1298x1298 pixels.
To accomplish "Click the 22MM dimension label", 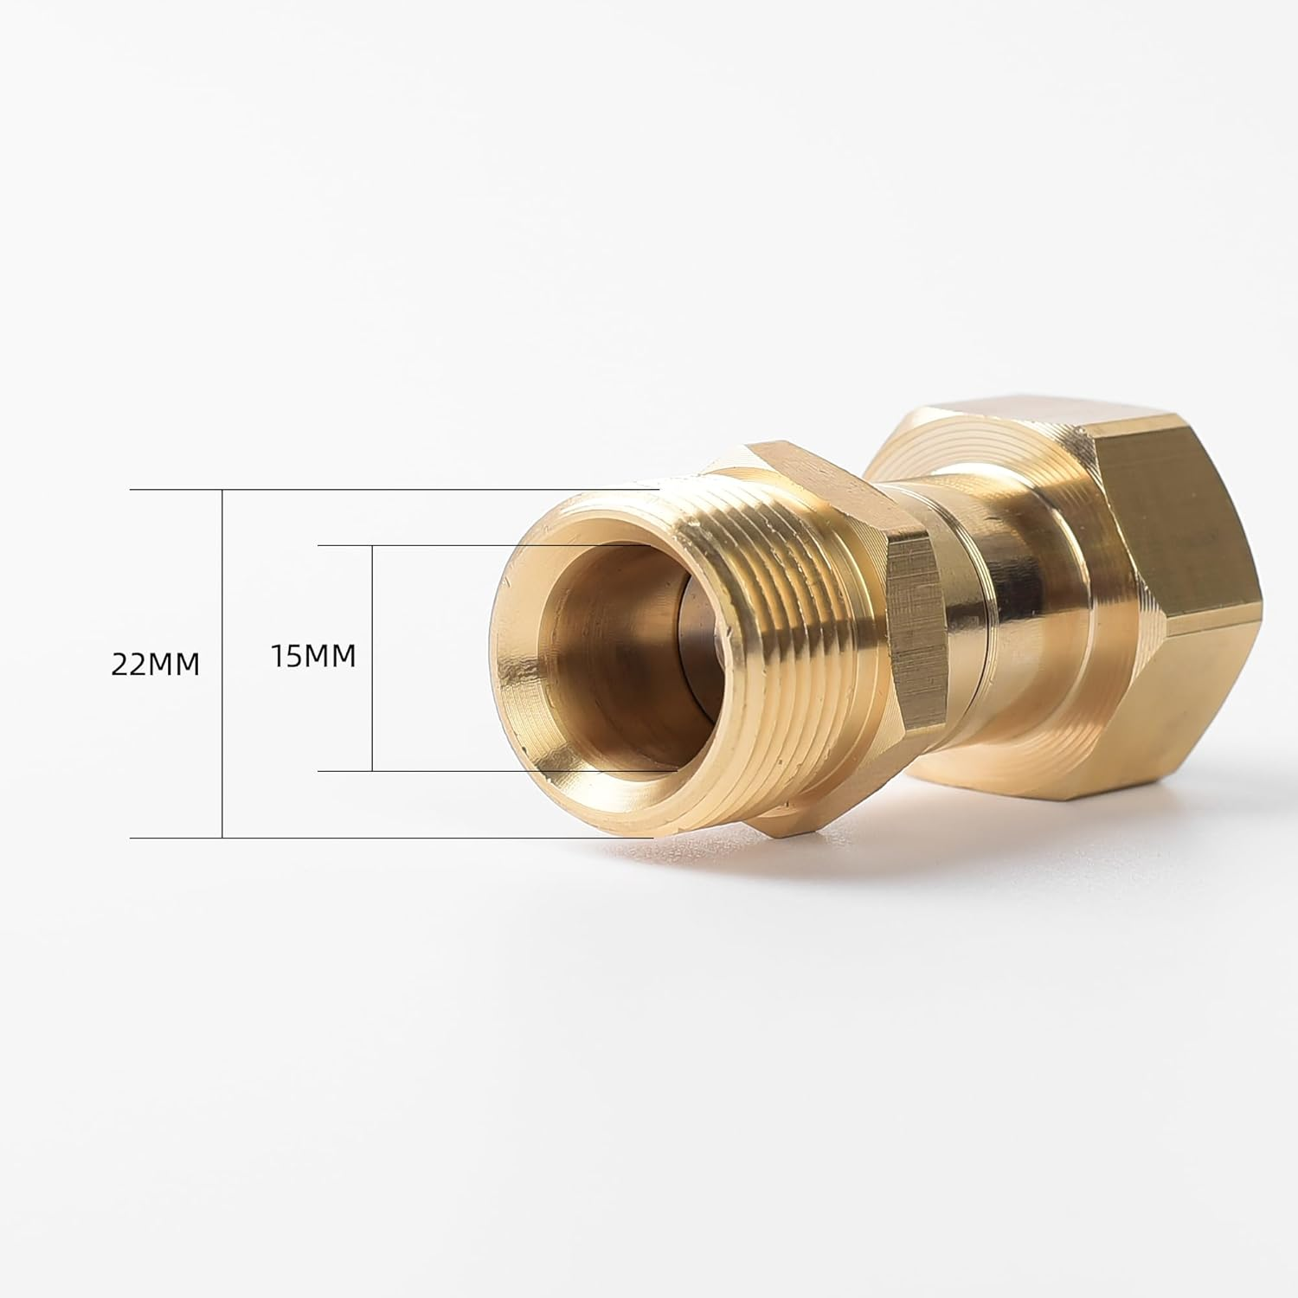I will [x=156, y=664].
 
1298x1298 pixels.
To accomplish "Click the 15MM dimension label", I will [x=313, y=656].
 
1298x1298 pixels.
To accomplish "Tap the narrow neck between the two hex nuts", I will [x=995, y=623].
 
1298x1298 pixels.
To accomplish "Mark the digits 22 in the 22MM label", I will [x=129, y=664].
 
